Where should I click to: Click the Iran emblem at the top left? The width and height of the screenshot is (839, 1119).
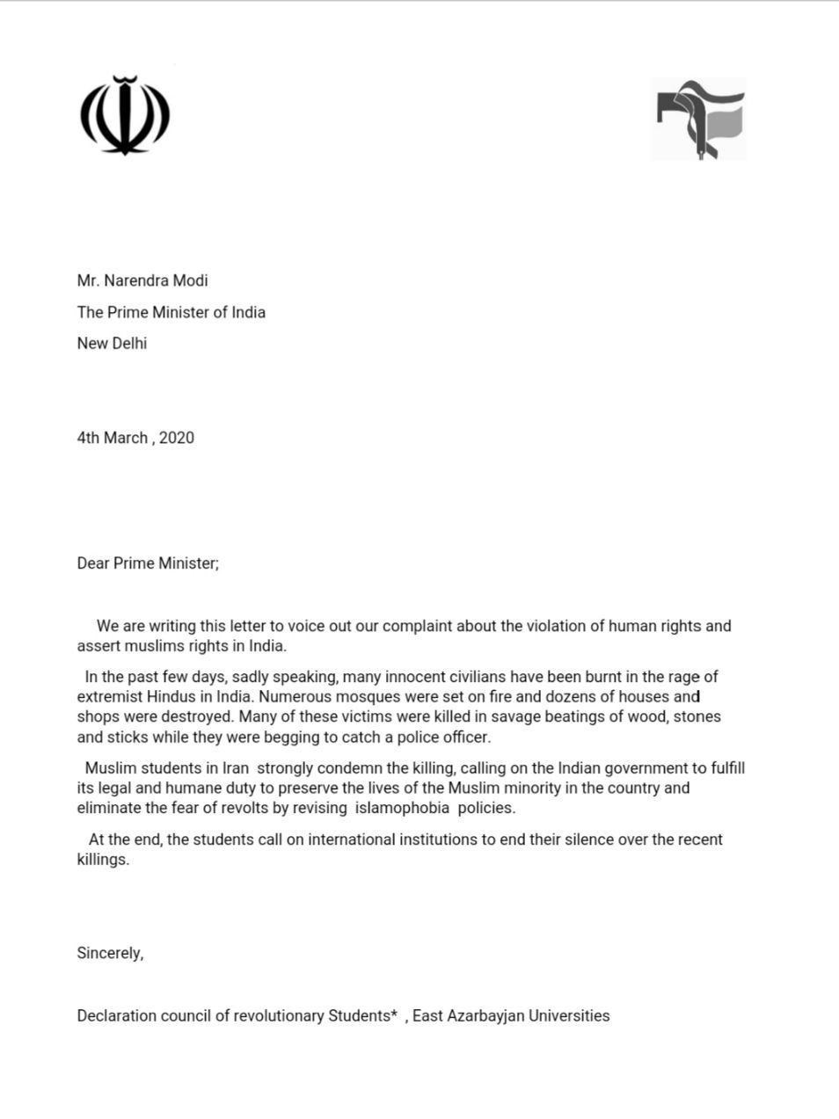(124, 116)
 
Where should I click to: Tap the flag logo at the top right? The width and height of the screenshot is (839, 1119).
(698, 119)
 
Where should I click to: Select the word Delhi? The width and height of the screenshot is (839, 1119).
(129, 343)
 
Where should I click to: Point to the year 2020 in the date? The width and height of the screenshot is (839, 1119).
(177, 438)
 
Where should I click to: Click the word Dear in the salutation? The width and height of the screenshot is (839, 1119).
(93, 563)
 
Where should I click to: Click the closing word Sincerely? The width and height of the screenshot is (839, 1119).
(110, 953)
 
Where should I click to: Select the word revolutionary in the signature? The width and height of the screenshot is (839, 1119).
(280, 1016)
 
